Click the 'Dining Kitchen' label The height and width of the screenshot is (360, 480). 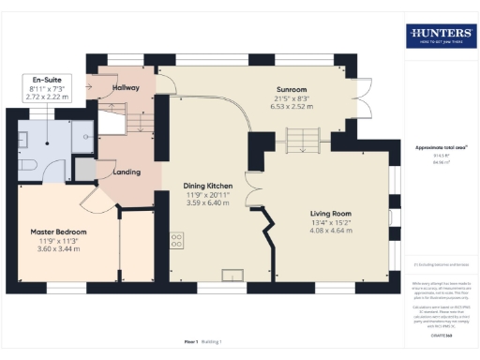click(x=208, y=186)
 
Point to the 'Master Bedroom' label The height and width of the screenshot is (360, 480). click(x=58, y=231)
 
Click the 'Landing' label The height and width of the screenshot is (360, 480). click(x=127, y=172)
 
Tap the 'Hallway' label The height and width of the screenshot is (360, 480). click(x=126, y=87)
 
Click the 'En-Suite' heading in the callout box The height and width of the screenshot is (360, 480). click(x=46, y=79)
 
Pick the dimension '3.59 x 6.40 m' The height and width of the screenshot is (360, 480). click(x=208, y=202)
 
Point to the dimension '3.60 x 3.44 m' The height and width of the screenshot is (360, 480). click(x=58, y=248)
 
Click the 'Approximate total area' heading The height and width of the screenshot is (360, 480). click(x=441, y=148)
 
